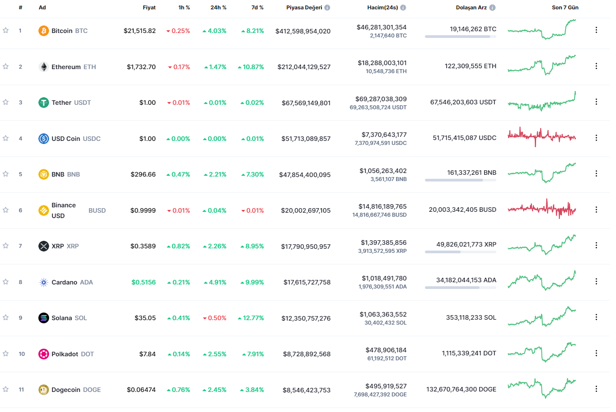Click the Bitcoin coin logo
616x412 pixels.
(x=43, y=31)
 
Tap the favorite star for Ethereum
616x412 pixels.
(x=6, y=66)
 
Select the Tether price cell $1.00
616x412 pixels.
(x=147, y=103)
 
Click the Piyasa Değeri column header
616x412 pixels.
(x=304, y=8)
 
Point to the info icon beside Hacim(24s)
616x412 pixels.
(x=403, y=8)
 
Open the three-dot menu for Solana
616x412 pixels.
(x=596, y=317)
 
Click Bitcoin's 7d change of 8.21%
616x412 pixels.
(x=253, y=31)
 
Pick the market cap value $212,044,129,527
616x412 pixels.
(x=304, y=67)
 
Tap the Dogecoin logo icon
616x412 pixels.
(x=43, y=390)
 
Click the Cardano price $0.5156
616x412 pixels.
(x=143, y=282)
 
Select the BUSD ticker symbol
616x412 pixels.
(x=97, y=210)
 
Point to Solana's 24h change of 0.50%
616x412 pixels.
(x=215, y=318)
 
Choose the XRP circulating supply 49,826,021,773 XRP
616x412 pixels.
(x=466, y=244)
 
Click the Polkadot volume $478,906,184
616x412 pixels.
(x=386, y=350)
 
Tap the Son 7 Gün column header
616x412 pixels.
(x=565, y=8)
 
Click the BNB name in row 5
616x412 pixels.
(x=58, y=174)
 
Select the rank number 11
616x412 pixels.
(x=21, y=390)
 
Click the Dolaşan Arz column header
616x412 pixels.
(x=471, y=8)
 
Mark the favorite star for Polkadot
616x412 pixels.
(x=6, y=354)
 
